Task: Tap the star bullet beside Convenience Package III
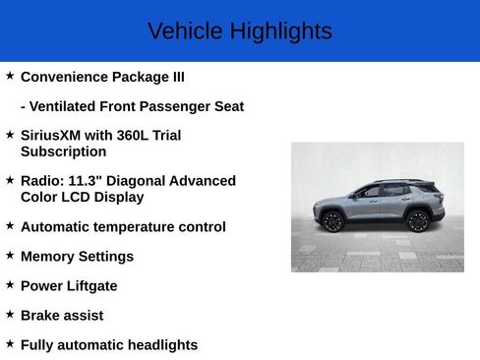[10, 76]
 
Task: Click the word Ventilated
[65, 106]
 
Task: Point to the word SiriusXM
[52, 135]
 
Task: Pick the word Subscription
[63, 151]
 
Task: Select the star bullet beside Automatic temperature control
[10, 225]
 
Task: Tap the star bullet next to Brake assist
[10, 314]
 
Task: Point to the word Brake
[41, 316]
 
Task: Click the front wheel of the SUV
[333, 221]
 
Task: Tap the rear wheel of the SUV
[418, 220]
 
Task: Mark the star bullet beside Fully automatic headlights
[10, 343]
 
